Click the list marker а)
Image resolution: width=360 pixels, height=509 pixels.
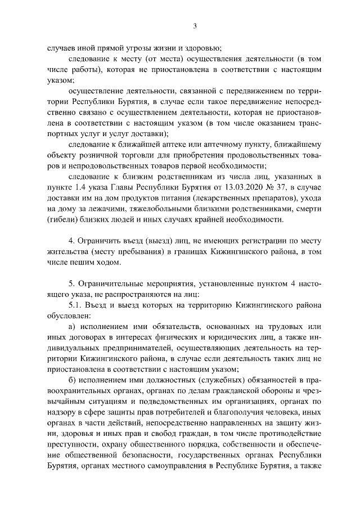click(71, 326)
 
